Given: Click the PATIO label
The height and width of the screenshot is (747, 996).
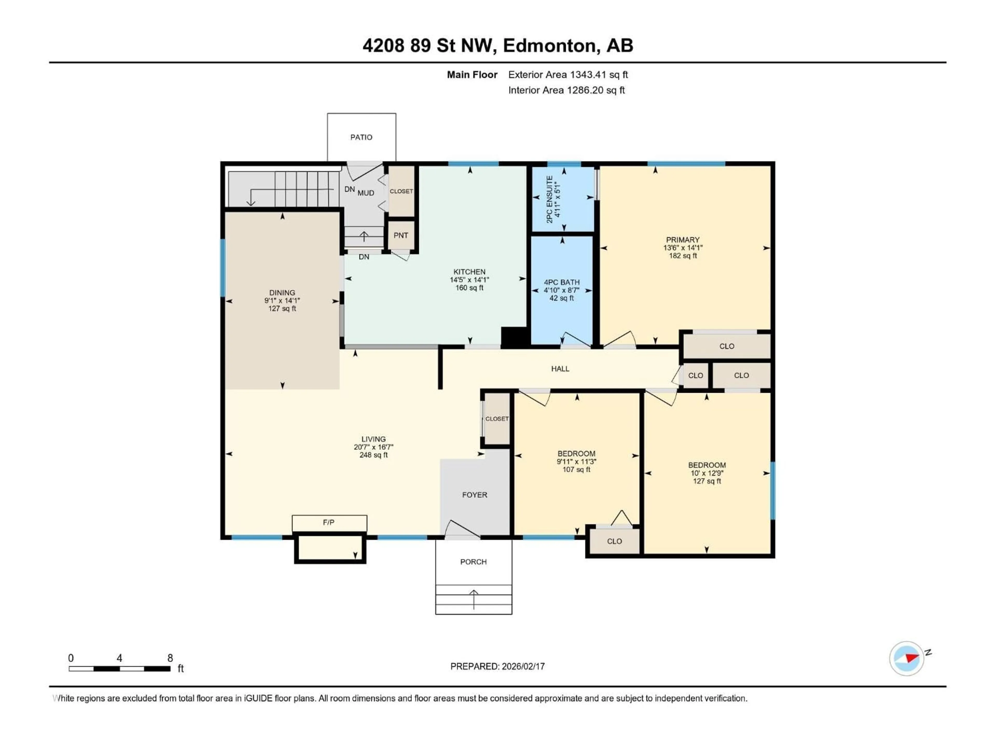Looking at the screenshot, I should tap(361, 137).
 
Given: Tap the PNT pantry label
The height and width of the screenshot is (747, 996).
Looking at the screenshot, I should tap(401, 236).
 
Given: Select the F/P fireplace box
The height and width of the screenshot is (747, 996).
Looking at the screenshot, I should tap(329, 523).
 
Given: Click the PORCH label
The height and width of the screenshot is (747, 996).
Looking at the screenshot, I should tap(473, 562).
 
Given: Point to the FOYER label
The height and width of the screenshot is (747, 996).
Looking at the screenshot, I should tap(475, 495).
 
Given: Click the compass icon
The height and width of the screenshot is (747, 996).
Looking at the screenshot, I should tap(907, 659).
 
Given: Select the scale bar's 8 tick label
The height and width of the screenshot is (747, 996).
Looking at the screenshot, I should tap(170, 658).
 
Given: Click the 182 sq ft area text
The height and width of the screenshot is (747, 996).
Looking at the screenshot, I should tap(683, 256).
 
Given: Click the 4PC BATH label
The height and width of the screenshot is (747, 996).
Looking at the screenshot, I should tap(562, 282).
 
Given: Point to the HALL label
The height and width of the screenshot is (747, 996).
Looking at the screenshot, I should tap(560, 369).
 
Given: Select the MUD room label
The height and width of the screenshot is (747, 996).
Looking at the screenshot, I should tap(366, 193).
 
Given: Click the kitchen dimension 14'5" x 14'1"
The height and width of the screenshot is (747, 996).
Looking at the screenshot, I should tap(469, 280).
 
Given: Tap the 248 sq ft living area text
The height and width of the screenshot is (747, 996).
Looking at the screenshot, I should tap(373, 455).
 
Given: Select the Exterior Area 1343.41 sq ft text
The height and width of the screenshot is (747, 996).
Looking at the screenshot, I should tap(568, 75).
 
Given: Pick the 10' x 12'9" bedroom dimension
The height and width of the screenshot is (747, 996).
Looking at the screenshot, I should tap(707, 473).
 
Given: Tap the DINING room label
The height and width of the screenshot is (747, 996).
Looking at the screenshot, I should tap(282, 293).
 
